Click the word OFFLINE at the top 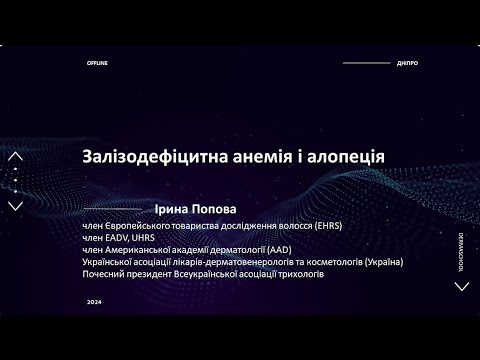pyautogui.click(x=97, y=63)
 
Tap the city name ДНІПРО pyautogui.click(x=407, y=63)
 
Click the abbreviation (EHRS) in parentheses pyautogui.click(x=328, y=227)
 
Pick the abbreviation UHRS pyautogui.click(x=147, y=239)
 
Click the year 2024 pyautogui.click(x=94, y=301)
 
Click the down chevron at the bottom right pyautogui.click(x=461, y=286)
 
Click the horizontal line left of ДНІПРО pyautogui.click(x=366, y=63)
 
